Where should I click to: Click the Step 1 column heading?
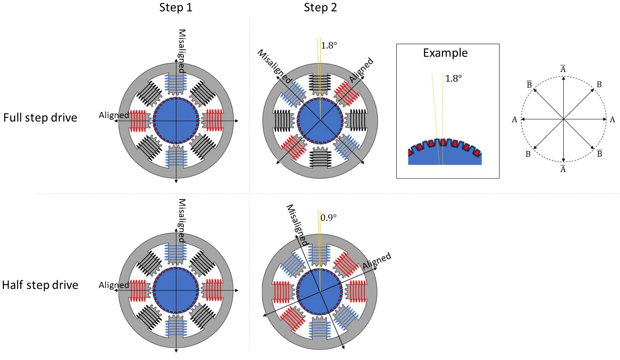point(176,8)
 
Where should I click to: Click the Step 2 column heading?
point(320,8)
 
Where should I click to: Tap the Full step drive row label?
point(40,118)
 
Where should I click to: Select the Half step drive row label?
point(40,285)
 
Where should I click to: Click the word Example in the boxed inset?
point(445,53)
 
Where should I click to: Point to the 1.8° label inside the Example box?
point(453,79)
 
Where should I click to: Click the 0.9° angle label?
point(329,218)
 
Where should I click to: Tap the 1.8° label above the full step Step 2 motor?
point(329,46)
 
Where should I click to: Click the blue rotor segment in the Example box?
point(444,157)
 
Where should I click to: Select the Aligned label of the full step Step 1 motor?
point(113,115)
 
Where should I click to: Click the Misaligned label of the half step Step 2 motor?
point(297,225)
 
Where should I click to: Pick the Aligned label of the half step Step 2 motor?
point(377,261)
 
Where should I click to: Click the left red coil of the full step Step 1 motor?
point(138,121)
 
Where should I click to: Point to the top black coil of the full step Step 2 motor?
point(320,83)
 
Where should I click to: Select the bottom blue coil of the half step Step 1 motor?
point(176,328)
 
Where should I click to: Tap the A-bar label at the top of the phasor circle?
point(563,69)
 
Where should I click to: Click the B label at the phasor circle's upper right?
point(599,85)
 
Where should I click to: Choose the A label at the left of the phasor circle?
point(514,120)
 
